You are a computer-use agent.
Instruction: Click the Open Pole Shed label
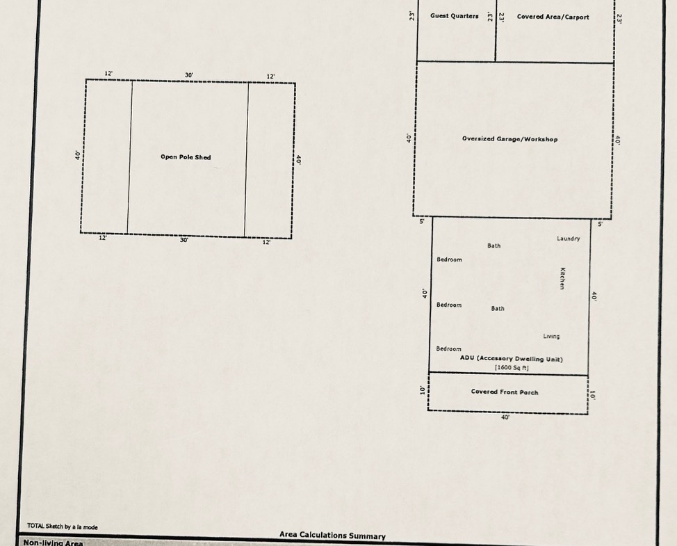click(x=186, y=156)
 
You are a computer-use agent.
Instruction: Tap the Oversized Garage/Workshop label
click(x=509, y=139)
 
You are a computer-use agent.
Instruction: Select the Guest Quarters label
click(x=454, y=16)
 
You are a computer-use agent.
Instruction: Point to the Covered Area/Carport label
click(x=553, y=17)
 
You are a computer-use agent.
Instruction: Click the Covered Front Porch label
click(x=505, y=392)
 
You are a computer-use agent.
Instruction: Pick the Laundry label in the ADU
click(x=568, y=239)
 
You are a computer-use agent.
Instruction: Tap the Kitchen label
click(x=562, y=278)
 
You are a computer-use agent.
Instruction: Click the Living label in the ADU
click(x=551, y=336)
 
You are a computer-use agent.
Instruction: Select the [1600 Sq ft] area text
click(x=512, y=368)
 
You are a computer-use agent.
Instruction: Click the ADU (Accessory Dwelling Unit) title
click(x=511, y=358)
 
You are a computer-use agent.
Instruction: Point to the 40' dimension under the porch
click(x=505, y=417)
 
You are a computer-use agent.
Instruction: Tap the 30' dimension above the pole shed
click(x=189, y=75)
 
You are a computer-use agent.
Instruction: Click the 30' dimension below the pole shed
click(x=184, y=240)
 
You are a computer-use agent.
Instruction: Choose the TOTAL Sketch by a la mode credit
click(x=63, y=526)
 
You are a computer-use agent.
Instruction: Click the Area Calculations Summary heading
click(x=332, y=535)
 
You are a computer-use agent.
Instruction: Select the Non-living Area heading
click(x=53, y=543)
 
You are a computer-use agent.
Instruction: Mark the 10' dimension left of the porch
click(x=423, y=390)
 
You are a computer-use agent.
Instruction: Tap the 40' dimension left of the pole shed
click(x=78, y=155)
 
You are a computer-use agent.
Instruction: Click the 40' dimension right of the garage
click(x=618, y=140)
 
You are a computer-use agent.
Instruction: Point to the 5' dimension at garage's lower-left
click(x=422, y=222)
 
